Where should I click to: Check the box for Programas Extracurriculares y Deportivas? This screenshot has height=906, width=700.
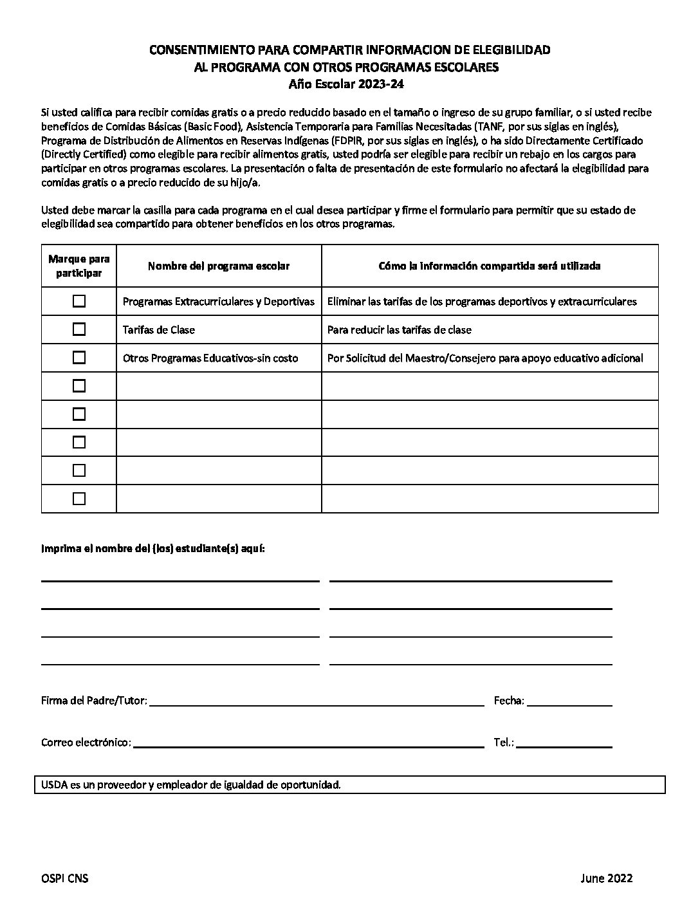[79, 301]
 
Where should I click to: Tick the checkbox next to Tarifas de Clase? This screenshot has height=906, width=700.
[79, 329]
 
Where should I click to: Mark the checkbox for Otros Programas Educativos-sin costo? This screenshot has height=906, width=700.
[79, 358]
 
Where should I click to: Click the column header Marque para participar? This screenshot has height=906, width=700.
[79, 266]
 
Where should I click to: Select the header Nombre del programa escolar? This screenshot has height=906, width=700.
[219, 266]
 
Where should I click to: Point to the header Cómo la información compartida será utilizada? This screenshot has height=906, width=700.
[490, 266]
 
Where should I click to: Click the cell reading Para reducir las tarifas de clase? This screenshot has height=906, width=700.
[400, 330]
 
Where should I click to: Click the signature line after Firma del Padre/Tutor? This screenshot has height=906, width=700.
[317, 702]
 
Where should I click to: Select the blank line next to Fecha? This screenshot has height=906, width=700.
[569, 702]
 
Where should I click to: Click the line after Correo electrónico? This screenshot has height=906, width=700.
[308, 744]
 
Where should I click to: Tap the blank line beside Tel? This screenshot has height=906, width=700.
[564, 744]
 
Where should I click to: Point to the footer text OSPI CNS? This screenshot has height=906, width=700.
[64, 878]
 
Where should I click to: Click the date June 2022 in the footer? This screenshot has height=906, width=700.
[606, 878]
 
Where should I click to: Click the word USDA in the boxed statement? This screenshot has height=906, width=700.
[53, 785]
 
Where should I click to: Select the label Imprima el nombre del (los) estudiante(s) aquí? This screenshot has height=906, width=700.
[153, 549]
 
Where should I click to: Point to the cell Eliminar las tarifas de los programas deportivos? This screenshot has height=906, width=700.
[482, 302]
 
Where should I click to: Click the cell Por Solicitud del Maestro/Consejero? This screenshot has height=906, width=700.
[485, 358]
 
